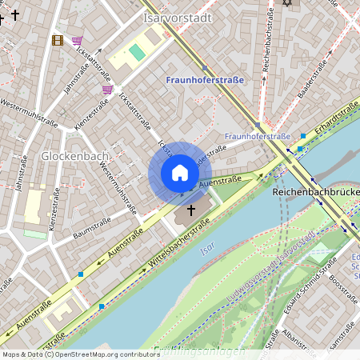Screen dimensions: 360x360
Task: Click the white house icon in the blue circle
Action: (x=180, y=173)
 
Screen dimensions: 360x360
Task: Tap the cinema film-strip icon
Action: (x=58, y=39)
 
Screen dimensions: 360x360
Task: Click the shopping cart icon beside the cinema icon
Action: (x=77, y=40)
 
